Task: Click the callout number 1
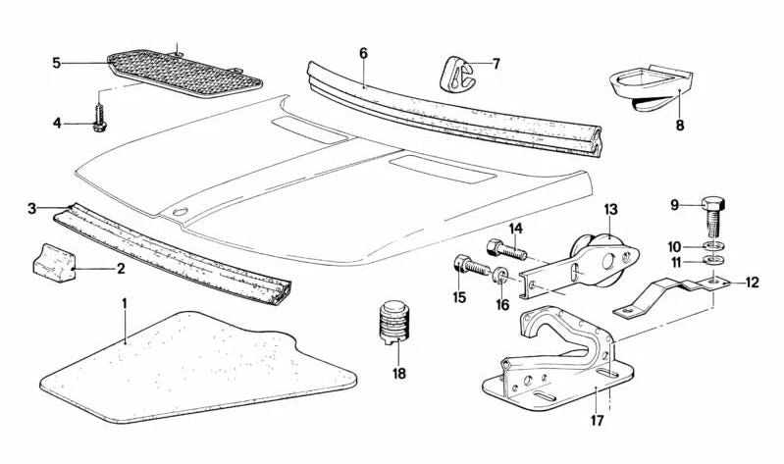tap(125, 304)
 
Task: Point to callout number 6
tap(363, 53)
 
